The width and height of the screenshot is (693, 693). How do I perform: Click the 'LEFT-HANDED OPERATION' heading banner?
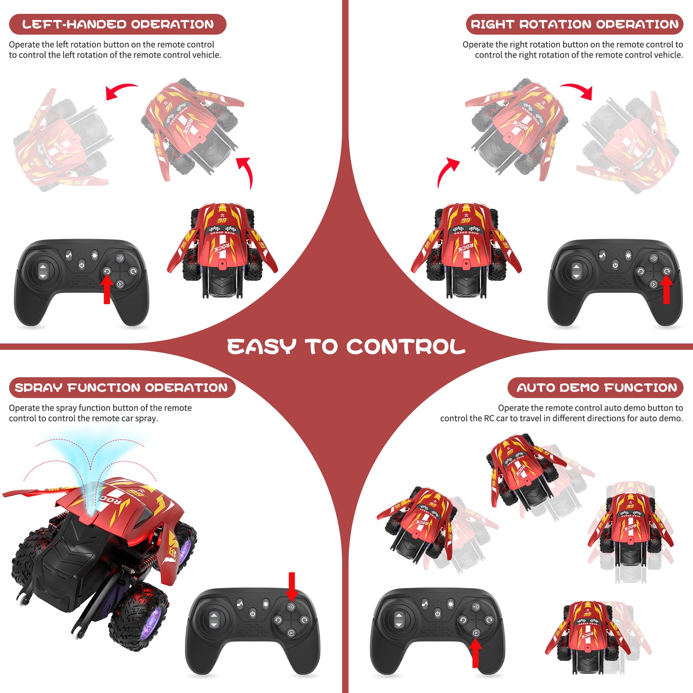point(117,24)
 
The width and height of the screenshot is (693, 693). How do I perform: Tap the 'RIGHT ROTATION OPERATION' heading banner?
point(574,24)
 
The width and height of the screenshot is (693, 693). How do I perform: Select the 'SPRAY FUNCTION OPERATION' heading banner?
point(122,388)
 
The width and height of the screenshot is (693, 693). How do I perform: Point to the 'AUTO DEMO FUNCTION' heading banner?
point(596,388)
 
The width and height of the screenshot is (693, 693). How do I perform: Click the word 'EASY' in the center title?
point(262,347)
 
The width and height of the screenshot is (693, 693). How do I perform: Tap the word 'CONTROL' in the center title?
point(406,347)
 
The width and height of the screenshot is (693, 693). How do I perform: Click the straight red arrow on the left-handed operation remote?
point(107,289)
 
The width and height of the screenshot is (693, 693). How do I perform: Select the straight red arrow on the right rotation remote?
point(667,289)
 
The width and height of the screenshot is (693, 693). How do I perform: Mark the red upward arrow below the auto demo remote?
point(476,654)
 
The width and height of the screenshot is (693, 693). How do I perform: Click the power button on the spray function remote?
point(253,614)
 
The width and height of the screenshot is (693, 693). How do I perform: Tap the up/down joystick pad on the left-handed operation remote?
point(42,271)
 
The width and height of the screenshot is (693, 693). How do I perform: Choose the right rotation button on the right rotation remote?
point(667,272)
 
